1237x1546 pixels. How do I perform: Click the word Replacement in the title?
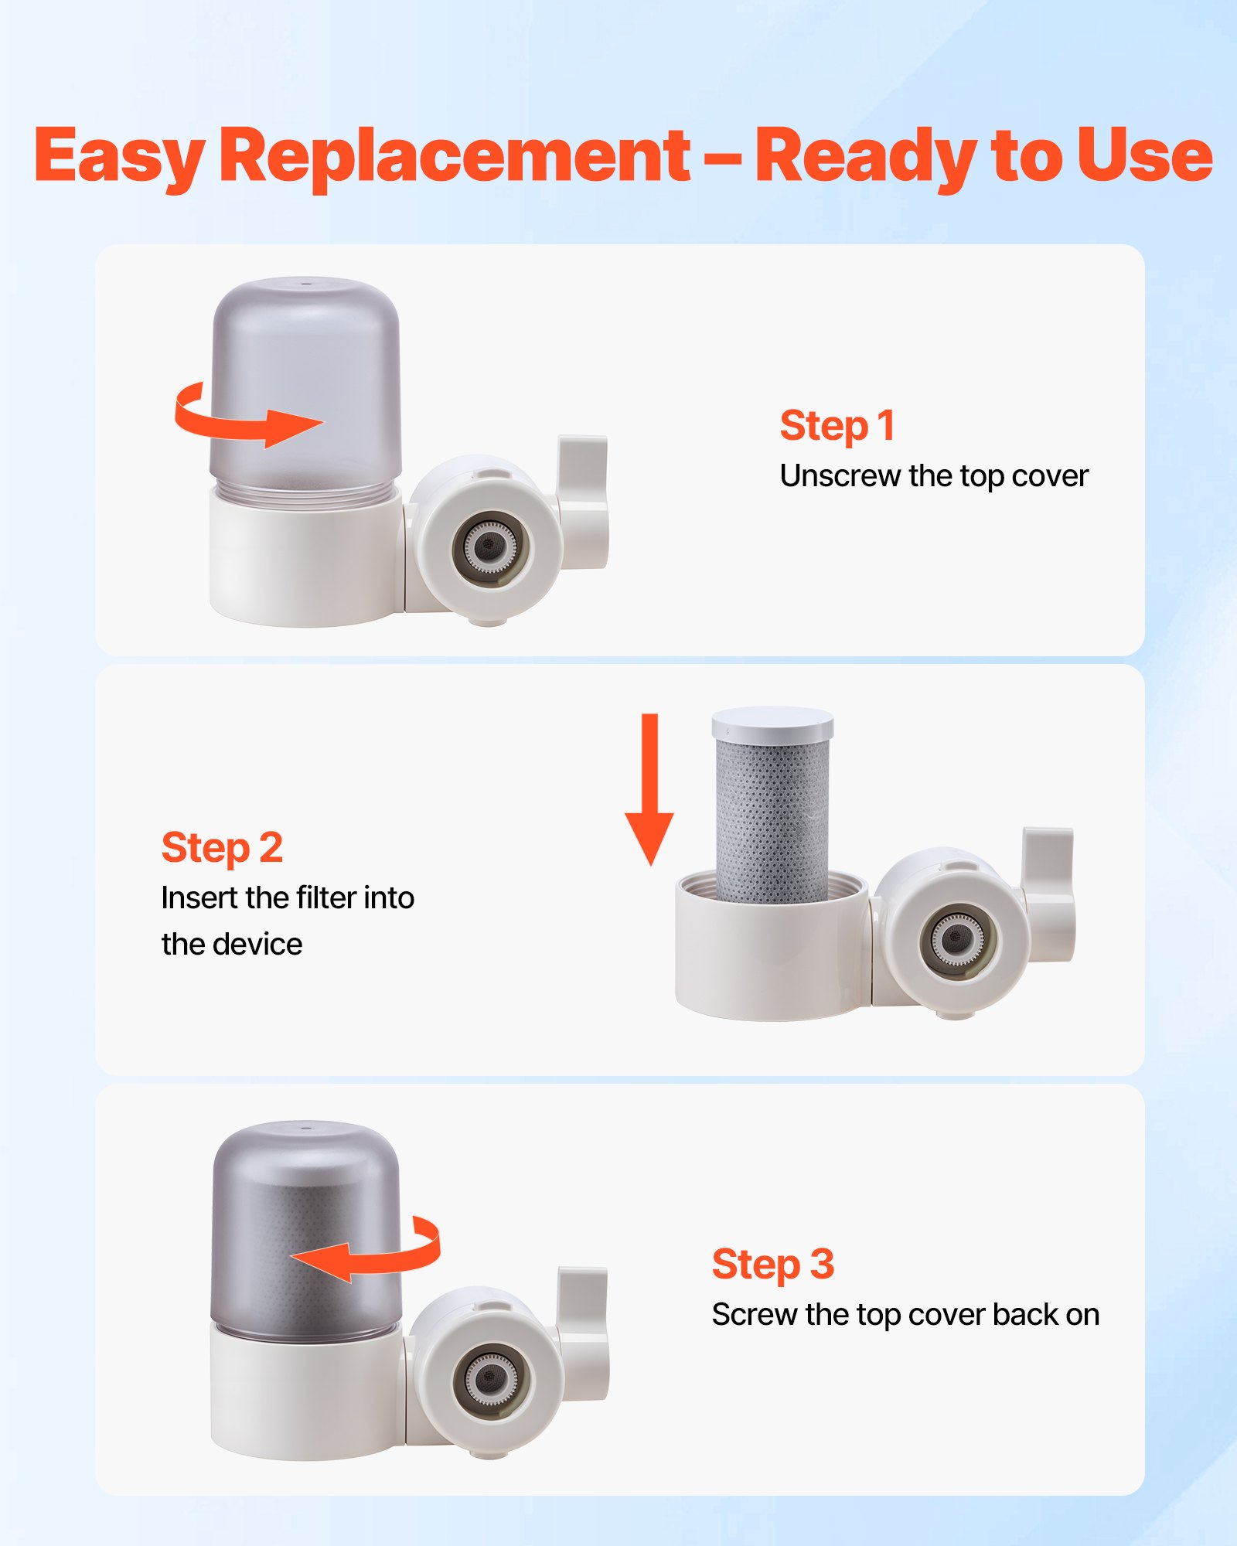click(x=455, y=156)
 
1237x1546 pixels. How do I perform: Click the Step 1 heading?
click(x=837, y=425)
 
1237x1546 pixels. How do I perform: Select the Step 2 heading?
click(x=222, y=847)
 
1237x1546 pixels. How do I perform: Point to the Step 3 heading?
click(x=772, y=1264)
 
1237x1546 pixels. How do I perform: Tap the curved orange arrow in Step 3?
click(x=371, y=1251)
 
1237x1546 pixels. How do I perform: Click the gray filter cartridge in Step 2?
click(x=772, y=819)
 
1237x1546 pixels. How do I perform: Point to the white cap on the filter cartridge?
click(x=772, y=723)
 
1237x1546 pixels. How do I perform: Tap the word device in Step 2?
click(x=258, y=945)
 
